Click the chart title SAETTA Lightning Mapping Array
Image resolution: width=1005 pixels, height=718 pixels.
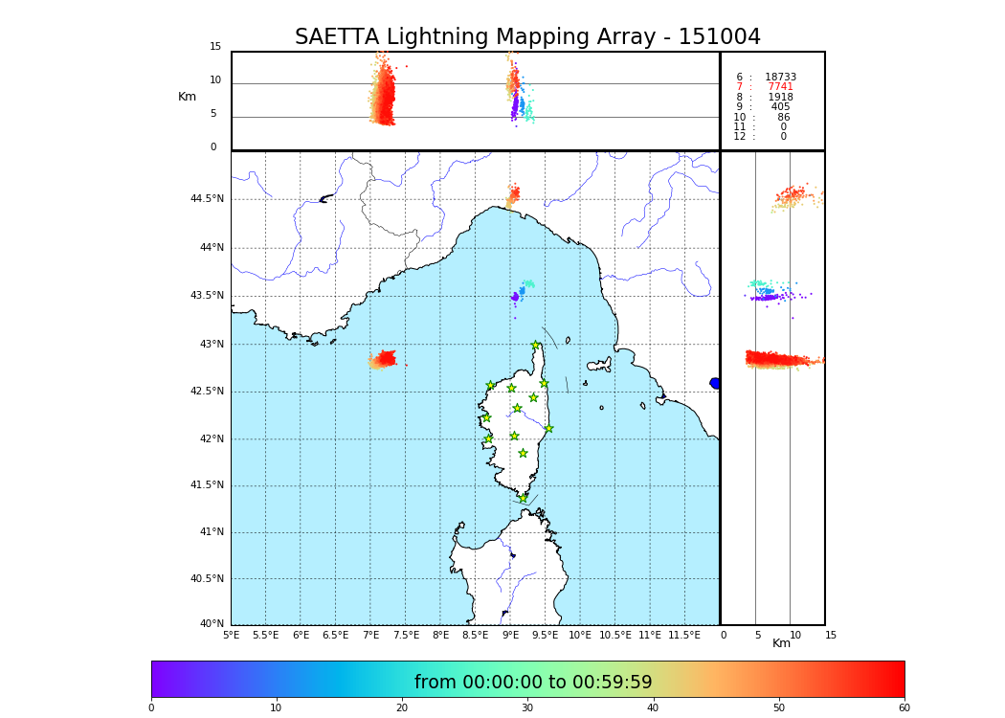[527, 37]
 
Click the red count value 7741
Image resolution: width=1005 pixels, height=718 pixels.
[780, 87]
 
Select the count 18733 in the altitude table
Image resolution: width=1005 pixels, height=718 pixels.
[780, 77]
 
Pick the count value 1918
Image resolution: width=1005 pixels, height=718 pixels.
[780, 97]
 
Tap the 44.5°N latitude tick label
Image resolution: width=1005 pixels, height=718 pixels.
[207, 199]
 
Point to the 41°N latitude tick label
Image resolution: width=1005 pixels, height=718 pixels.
[210, 532]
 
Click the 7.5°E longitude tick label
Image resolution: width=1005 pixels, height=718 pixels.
[406, 635]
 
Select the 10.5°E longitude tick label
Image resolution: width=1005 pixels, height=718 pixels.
[614, 635]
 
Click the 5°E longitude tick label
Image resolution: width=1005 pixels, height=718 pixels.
[232, 635]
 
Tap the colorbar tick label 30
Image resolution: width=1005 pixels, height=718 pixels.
[527, 707]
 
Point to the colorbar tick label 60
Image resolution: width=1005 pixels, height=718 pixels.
[904, 707]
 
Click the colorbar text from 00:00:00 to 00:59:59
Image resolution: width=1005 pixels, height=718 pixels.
[533, 683]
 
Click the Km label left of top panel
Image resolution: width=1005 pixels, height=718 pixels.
[187, 97]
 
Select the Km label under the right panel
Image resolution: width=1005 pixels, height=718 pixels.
[781, 643]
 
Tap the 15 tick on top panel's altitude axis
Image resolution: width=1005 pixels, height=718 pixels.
[215, 47]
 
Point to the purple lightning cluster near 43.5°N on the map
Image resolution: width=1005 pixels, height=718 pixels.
[515, 298]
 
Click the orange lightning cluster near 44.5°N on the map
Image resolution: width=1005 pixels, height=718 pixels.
[514, 195]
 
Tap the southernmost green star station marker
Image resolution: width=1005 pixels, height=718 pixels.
[523, 498]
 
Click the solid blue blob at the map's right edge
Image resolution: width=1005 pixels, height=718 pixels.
[715, 383]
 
